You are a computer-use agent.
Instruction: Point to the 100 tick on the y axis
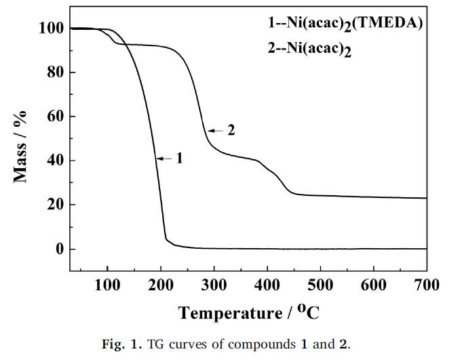click(x=51, y=28)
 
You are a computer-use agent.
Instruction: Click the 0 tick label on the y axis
click(x=58, y=249)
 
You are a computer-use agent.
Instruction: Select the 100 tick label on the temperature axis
click(x=107, y=285)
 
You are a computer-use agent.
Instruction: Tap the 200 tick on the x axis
click(x=161, y=285)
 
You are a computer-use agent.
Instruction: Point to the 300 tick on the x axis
click(x=214, y=285)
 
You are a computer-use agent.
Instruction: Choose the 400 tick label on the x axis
click(x=267, y=285)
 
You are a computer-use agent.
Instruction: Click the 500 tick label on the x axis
click(x=320, y=285)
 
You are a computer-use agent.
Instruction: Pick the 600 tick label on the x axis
click(x=374, y=285)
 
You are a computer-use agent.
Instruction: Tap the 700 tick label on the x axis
click(x=427, y=285)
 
